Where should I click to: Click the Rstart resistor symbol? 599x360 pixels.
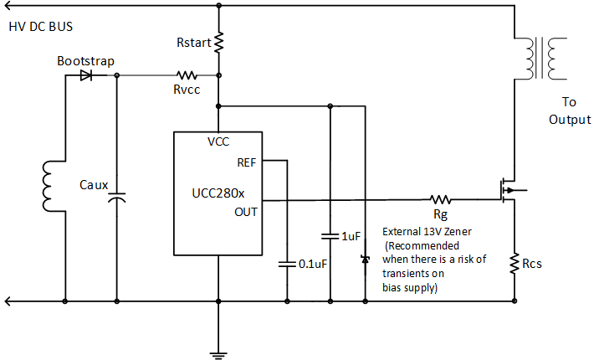[218, 42]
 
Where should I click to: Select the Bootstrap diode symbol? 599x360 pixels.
[86, 75]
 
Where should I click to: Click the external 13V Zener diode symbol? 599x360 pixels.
[365, 260]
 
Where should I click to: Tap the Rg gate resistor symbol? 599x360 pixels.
[440, 200]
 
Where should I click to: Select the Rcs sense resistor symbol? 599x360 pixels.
[515, 265]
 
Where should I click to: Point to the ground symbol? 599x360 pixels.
[218, 352]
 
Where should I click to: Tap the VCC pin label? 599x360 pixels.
[218, 141]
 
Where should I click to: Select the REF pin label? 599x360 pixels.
[247, 162]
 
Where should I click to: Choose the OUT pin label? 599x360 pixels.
[246, 211]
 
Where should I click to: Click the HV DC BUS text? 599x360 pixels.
[41, 26]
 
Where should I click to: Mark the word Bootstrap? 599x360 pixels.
[85, 61]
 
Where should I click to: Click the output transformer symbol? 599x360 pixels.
[539, 58]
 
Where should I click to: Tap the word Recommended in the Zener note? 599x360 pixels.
[422, 246]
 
